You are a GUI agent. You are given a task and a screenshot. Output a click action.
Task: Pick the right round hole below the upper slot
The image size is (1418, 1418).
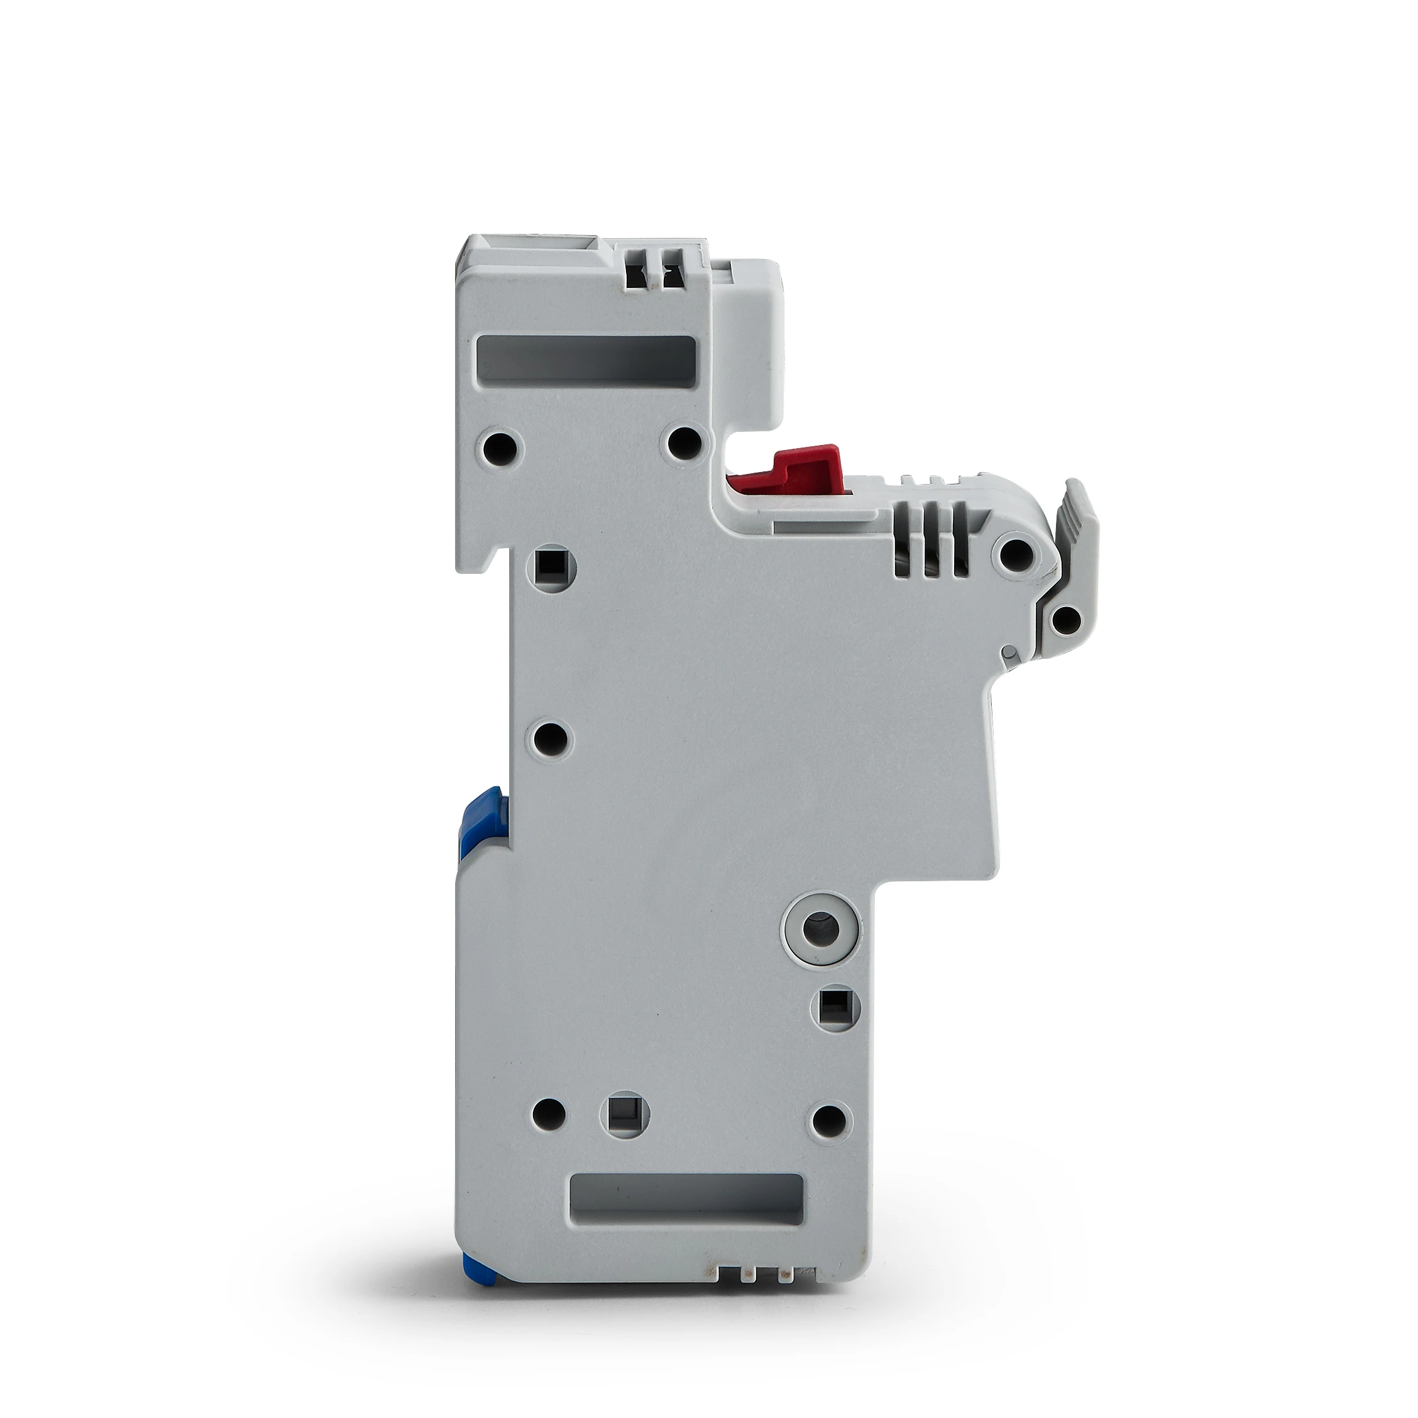[x=684, y=441]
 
